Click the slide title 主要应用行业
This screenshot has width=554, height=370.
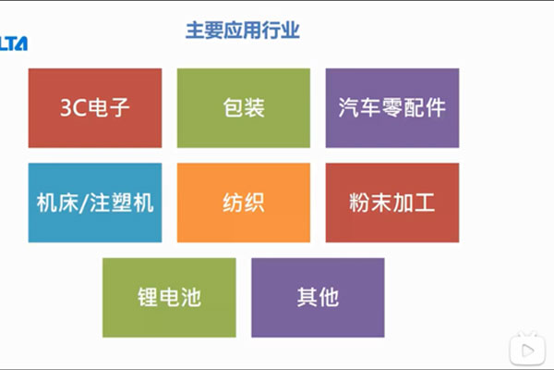243,31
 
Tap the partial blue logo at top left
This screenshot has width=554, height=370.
14,43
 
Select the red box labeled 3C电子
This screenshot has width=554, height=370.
95,108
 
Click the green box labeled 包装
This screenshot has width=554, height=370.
244,108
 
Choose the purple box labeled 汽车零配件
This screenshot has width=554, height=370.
392,108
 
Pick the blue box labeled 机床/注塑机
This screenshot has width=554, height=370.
95,203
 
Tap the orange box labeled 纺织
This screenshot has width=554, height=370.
244,203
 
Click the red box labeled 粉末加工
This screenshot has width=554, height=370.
392,203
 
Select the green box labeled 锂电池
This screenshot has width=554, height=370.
169,298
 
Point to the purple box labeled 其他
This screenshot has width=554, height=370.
318,298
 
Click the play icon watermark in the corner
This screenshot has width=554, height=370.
527,349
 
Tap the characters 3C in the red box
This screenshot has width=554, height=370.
73,108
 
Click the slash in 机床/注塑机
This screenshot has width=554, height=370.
83,203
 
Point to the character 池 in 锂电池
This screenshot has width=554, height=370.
191,298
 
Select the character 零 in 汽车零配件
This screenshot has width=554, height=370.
392,107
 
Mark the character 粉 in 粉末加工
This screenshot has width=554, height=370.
359,203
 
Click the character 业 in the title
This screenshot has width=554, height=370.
291,31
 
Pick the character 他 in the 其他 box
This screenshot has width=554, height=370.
329,298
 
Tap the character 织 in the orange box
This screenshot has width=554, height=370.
255,203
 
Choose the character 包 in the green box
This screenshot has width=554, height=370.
233,107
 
